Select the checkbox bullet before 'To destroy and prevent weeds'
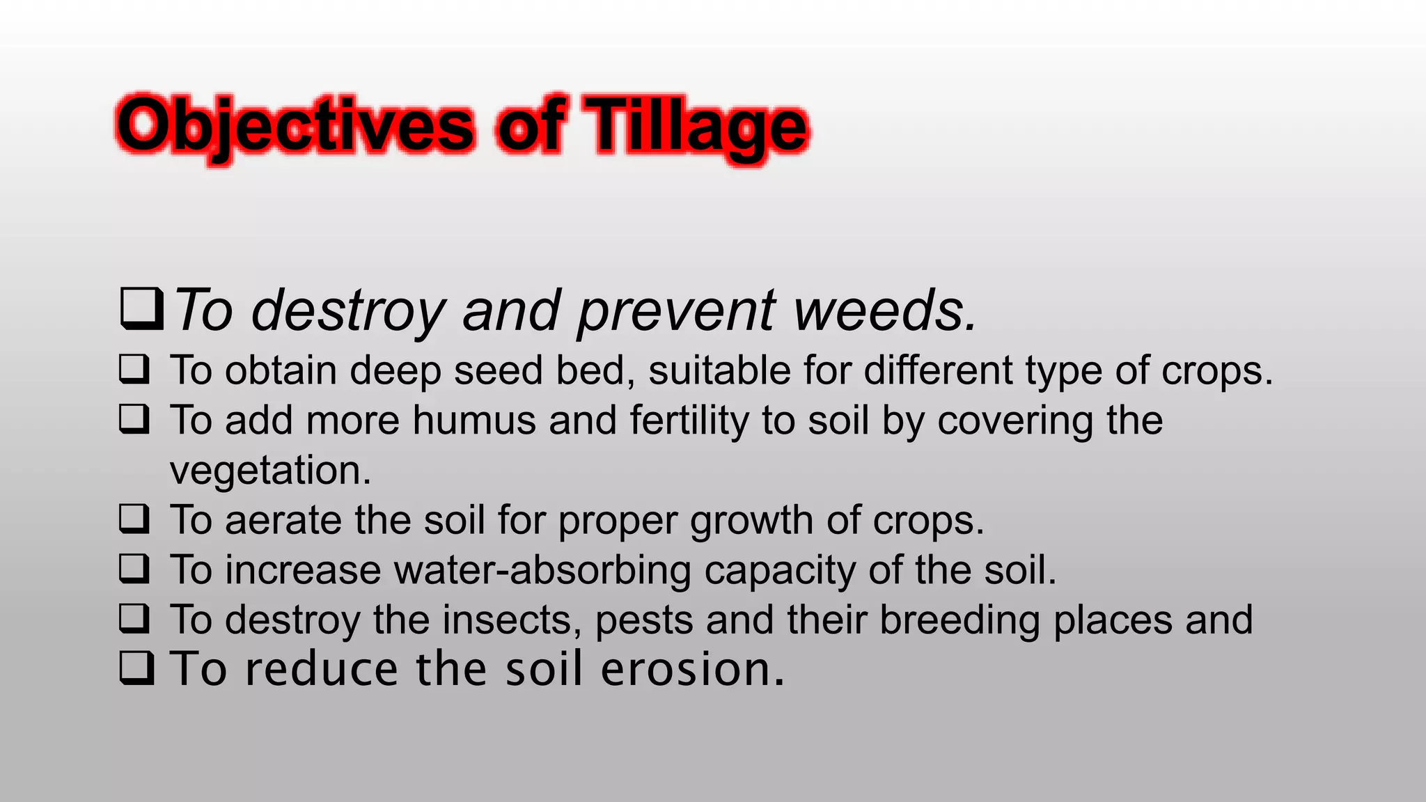coord(141,308)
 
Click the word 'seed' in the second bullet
coord(497,370)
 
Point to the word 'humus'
coord(473,420)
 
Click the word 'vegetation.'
coord(270,471)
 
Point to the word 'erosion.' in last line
coord(692,669)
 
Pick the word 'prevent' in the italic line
coord(675,311)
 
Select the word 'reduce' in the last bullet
coord(321,669)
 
